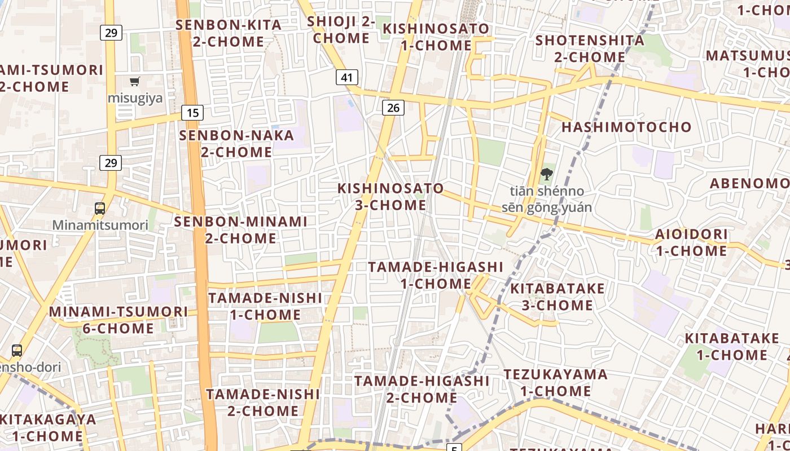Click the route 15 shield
[x=192, y=113]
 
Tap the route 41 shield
[x=346, y=77]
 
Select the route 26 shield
[x=393, y=107]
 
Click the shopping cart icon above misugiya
[x=134, y=82]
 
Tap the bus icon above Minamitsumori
[x=100, y=208]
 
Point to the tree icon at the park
[x=546, y=174]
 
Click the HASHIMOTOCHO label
[x=626, y=127]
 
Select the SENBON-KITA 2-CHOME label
[x=228, y=33]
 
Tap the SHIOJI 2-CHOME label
[x=341, y=30]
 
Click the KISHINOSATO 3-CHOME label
[x=390, y=196]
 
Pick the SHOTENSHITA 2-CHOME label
[x=590, y=49]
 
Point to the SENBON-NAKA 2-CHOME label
[x=236, y=144]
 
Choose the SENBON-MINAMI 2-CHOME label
[x=240, y=230]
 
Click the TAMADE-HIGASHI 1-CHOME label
[x=435, y=275]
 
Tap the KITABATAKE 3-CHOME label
[x=557, y=297]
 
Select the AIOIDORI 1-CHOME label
[x=691, y=242]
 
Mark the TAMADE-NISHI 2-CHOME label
[x=262, y=403]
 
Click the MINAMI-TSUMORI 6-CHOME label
[x=118, y=320]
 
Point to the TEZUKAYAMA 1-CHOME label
[x=555, y=383]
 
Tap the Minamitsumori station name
[x=100, y=225]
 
